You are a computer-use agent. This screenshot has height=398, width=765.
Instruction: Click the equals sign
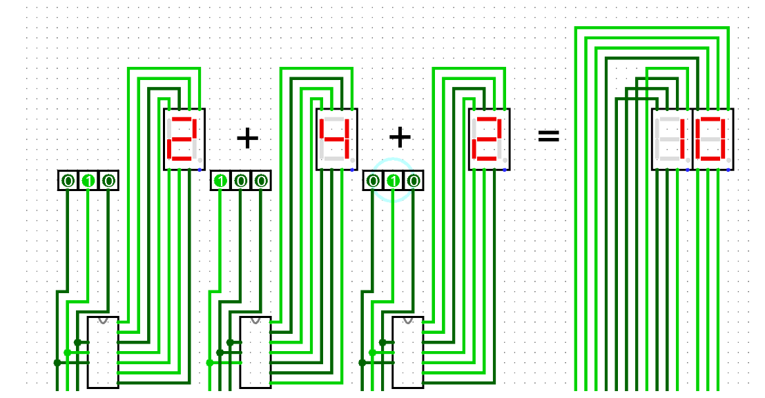click(548, 137)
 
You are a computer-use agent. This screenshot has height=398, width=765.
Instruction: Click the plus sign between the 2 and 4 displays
click(247, 139)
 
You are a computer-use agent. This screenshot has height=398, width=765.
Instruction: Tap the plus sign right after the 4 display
click(400, 137)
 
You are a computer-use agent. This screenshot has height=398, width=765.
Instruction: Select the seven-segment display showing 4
click(337, 139)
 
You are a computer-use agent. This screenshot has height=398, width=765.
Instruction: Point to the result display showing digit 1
click(672, 139)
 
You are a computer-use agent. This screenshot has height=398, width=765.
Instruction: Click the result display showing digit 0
click(713, 139)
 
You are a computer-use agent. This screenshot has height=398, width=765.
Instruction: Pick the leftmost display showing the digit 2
click(184, 139)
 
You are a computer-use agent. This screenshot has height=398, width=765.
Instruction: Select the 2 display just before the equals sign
click(490, 139)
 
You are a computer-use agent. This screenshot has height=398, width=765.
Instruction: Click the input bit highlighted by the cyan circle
click(393, 181)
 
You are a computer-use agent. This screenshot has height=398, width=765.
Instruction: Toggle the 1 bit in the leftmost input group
click(88, 181)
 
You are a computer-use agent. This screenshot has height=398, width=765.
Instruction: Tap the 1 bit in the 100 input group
click(220, 181)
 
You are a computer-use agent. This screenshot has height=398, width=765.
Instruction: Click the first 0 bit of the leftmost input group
click(68, 181)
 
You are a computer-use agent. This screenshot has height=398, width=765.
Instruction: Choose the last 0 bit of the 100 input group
click(261, 181)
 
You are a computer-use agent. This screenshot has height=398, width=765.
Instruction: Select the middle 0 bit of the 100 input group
click(241, 181)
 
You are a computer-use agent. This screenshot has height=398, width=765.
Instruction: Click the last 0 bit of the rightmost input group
click(414, 181)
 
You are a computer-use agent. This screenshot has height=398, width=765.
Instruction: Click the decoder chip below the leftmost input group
click(103, 353)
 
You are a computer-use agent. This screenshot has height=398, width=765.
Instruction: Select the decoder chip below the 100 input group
click(255, 353)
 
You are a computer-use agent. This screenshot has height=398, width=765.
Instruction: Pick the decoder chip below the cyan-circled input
click(408, 353)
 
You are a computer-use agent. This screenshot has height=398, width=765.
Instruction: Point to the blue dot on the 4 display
click(352, 169)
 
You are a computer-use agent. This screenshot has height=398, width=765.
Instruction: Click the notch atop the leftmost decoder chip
click(103, 320)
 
